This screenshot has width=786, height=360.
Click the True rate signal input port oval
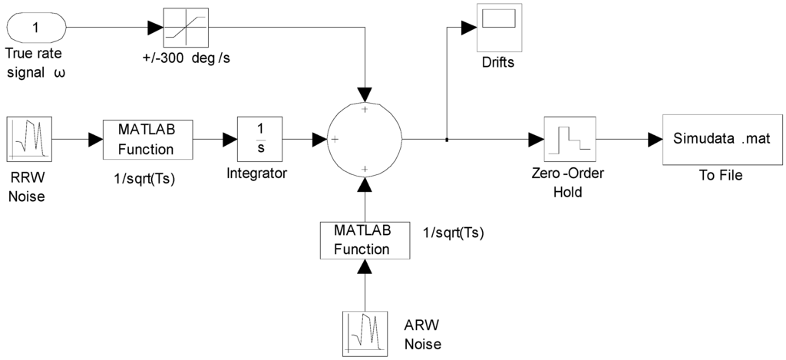[x=35, y=28]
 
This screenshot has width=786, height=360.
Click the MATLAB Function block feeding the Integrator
[x=147, y=139]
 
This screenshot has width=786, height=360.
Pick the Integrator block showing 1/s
[x=260, y=139]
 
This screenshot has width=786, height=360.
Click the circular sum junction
[x=365, y=139]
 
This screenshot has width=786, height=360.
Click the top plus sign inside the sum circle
[x=365, y=110]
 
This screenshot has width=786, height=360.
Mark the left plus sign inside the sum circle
[x=335, y=140]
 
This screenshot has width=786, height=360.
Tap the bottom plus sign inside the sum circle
[x=365, y=169]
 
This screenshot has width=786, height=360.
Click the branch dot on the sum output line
[x=447, y=140]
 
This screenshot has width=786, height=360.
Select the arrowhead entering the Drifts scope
[x=468, y=28]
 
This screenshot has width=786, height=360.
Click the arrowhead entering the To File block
[x=654, y=140]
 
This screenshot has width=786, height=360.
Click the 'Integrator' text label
[x=256, y=173]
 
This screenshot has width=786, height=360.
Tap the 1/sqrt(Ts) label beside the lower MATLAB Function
[x=454, y=231]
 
